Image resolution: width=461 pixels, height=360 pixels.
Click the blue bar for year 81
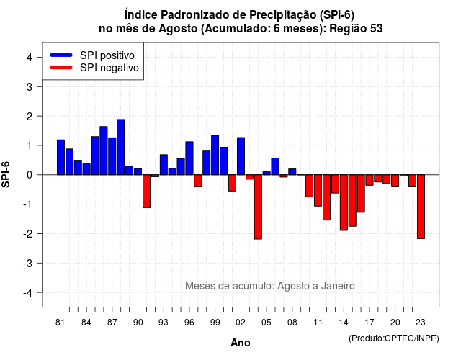pyautogui.click(x=61, y=157)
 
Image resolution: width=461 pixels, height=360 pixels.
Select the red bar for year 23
pyautogui.click(x=421, y=207)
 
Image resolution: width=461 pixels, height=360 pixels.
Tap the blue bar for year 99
pyautogui.click(x=215, y=156)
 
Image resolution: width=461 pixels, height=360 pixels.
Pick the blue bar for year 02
pyautogui.click(x=241, y=156)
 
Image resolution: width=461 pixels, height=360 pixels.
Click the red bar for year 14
pyautogui.click(x=344, y=202)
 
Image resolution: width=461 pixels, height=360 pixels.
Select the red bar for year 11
pyautogui.click(x=318, y=190)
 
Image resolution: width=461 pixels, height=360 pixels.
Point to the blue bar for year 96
pyautogui.click(x=189, y=158)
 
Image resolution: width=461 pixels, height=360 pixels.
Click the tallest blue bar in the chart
pyautogui.click(x=121, y=147)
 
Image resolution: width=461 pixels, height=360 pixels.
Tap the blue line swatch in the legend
pyautogui.click(x=61, y=55)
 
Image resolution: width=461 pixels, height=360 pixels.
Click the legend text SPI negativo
pyautogui.click(x=109, y=68)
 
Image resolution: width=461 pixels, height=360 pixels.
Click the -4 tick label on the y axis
pyautogui.click(x=29, y=293)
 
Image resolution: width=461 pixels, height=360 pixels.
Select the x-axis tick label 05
pyautogui.click(x=267, y=323)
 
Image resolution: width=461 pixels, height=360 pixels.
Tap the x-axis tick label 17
pyautogui.click(x=370, y=323)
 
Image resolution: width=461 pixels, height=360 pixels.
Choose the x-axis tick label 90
pyautogui.click(x=138, y=323)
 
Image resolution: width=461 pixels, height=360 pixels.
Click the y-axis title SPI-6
pyautogui.click(x=6, y=174)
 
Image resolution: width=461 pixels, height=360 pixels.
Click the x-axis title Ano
pyautogui.click(x=241, y=343)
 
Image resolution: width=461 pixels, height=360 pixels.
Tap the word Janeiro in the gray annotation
pyautogui.click(x=338, y=286)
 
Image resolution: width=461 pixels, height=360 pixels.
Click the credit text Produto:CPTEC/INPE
pyautogui.click(x=394, y=338)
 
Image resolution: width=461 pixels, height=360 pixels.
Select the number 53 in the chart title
pyautogui.click(x=377, y=29)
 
